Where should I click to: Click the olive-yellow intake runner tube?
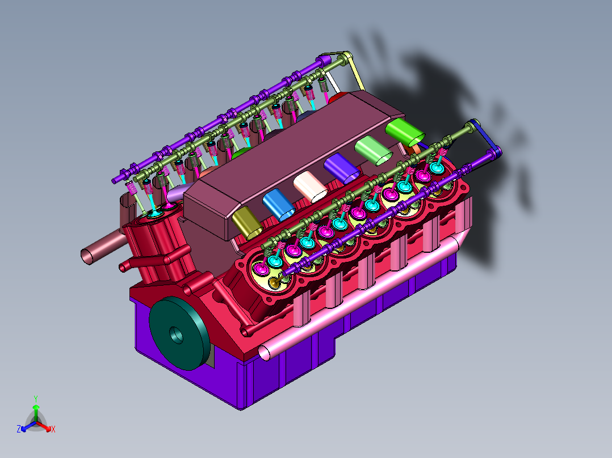point(247,223)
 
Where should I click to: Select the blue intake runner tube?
point(278,205)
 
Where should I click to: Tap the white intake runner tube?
point(311,186)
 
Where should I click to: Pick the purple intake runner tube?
point(342,168)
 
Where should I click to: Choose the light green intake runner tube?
point(374,150)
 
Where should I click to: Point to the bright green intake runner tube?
point(405,131)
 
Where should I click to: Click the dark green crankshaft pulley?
point(179,333)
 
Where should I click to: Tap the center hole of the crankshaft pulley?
point(177,335)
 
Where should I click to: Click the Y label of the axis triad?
point(36,398)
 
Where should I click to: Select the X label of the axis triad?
point(53,429)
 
